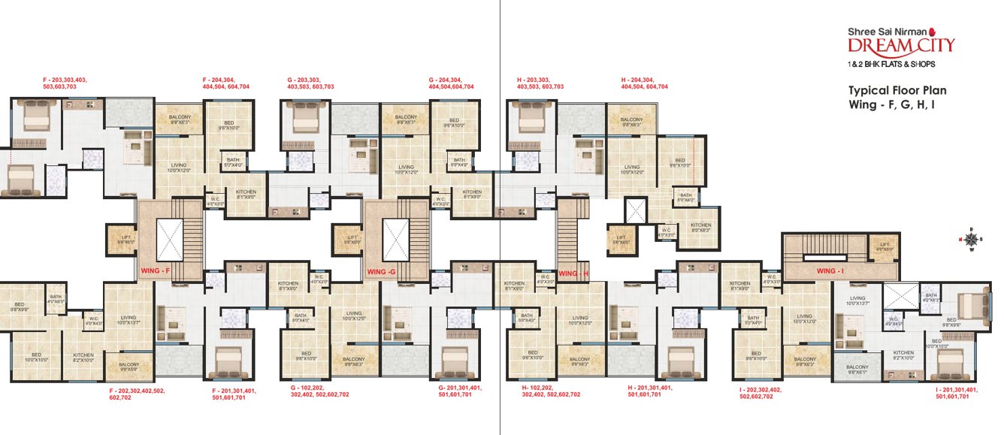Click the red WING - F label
point(157,270)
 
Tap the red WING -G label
point(382,270)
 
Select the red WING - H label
point(575,273)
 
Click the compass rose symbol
point(971,240)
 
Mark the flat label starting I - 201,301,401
point(957,392)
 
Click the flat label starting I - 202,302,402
point(761,392)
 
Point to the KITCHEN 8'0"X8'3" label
point(701,227)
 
